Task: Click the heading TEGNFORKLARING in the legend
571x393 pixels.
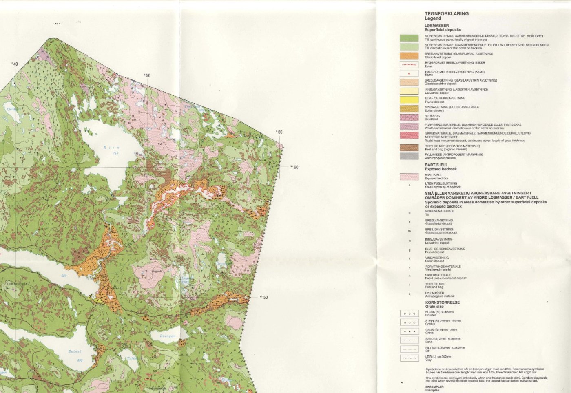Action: (447, 13)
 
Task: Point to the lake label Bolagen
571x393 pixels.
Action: (168, 336)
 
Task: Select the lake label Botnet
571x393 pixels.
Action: (75, 351)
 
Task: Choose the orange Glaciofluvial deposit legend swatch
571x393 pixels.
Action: (409, 56)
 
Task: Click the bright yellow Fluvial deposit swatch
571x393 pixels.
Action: (409, 100)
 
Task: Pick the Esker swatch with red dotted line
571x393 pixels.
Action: (409, 64)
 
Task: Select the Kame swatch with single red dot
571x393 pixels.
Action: (409, 73)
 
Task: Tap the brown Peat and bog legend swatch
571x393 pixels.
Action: (409, 148)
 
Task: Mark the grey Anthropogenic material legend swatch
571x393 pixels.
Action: (409, 156)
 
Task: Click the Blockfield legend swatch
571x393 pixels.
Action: (409, 117)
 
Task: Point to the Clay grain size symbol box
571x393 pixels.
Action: (409, 358)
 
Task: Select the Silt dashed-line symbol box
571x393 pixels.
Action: (409, 349)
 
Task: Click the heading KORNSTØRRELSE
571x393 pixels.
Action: (442, 302)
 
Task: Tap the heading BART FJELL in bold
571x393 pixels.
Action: (436, 165)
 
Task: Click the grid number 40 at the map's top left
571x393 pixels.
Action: (15, 64)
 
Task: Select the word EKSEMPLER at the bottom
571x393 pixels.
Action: (434, 387)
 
